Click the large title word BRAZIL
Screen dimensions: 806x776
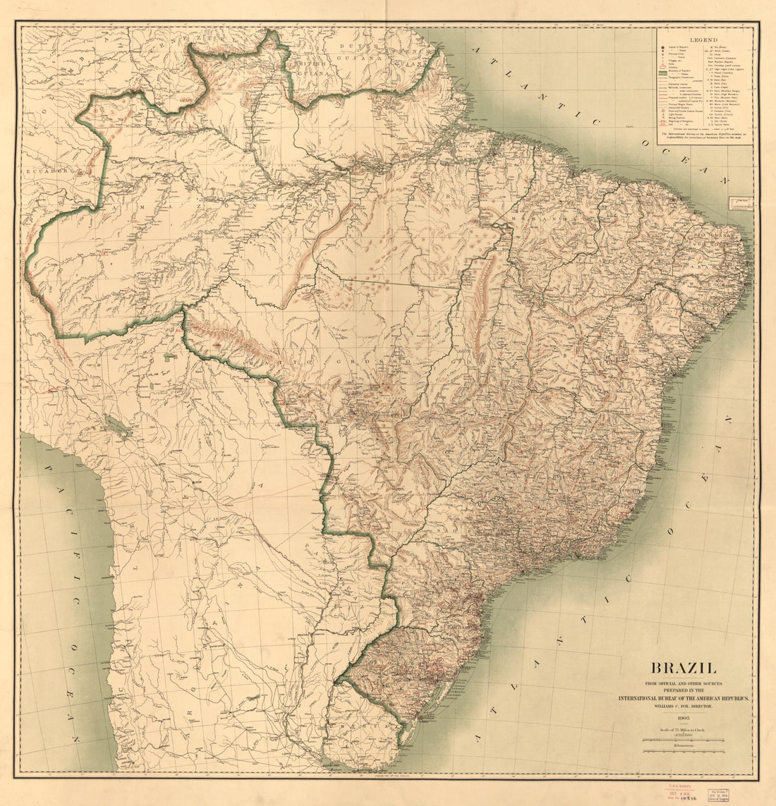pyautogui.click(x=683, y=667)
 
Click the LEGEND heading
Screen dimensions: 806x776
pyautogui.click(x=703, y=41)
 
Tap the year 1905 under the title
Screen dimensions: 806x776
pyautogui.click(x=683, y=716)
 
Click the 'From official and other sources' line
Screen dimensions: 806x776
pyautogui.click(x=683, y=683)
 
